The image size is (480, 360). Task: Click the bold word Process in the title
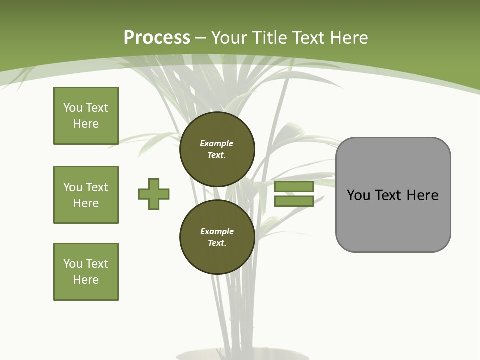(157, 38)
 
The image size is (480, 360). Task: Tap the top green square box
(86, 116)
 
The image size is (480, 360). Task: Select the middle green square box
(86, 195)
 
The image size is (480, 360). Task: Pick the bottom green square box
(86, 272)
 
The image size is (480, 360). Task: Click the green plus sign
(154, 194)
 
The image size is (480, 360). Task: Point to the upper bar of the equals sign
(294, 186)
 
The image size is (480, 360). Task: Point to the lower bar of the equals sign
(294, 201)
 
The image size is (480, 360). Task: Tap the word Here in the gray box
(422, 195)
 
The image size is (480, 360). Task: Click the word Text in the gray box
(389, 195)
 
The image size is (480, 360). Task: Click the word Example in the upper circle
(217, 144)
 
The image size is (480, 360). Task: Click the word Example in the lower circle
(217, 232)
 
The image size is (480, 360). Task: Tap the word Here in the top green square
(86, 124)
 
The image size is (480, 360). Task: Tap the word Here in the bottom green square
(86, 280)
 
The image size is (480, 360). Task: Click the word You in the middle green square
(72, 187)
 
